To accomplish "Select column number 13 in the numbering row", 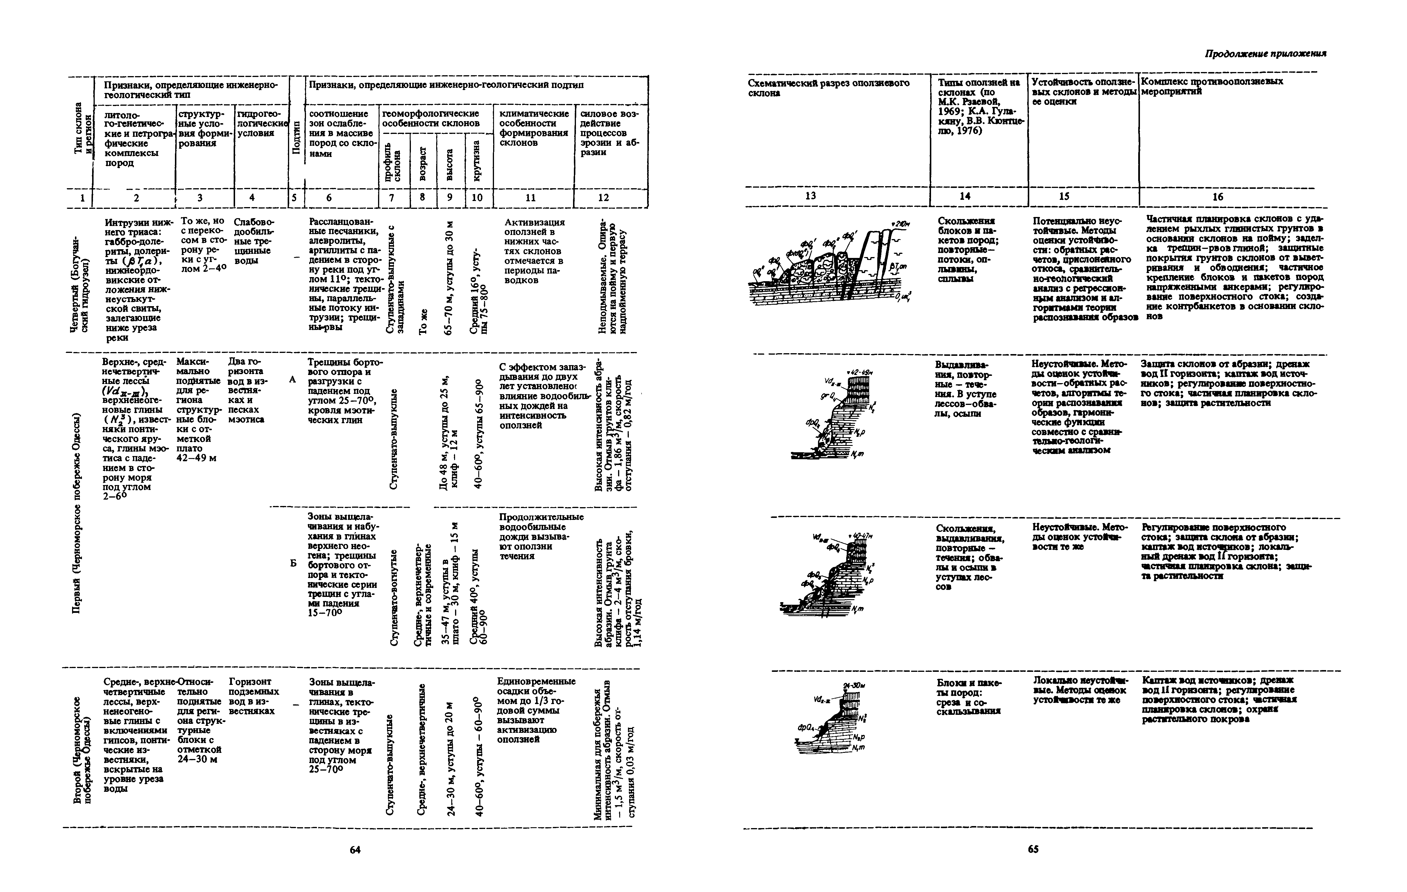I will (x=810, y=196).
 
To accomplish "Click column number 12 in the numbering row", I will (x=604, y=198).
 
